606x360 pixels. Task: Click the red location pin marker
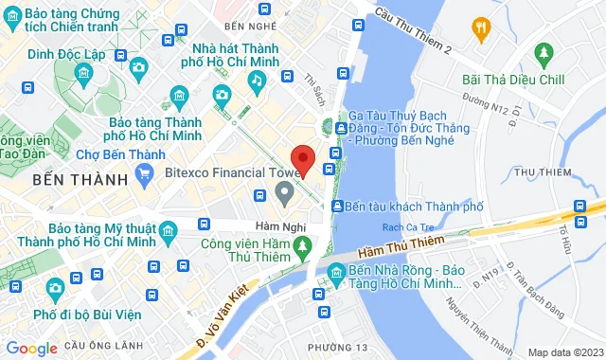click(x=302, y=159)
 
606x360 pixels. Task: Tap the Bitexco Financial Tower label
click(x=220, y=173)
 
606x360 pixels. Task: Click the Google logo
click(x=31, y=349)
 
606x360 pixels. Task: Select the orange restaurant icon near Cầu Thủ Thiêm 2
click(x=481, y=27)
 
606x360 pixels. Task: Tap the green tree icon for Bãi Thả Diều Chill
click(x=543, y=51)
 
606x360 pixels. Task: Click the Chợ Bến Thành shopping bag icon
click(x=143, y=173)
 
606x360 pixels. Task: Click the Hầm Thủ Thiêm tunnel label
click(x=401, y=248)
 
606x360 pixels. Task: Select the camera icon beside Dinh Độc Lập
click(x=139, y=66)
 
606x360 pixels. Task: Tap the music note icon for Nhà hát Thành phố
click(x=257, y=81)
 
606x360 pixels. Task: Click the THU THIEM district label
click(x=545, y=171)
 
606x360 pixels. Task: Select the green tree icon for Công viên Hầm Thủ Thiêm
click(x=302, y=247)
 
